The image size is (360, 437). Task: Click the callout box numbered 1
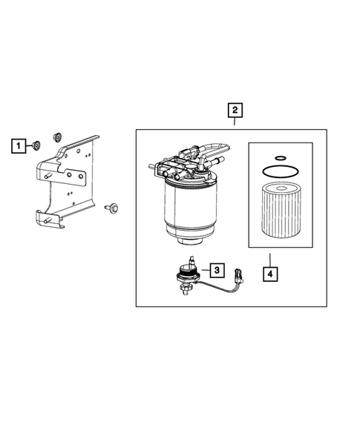pyautogui.click(x=19, y=145)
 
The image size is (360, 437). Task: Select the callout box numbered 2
pyautogui.click(x=235, y=110)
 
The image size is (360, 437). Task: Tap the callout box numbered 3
pyautogui.click(x=217, y=270)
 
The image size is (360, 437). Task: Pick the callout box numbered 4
pyautogui.click(x=270, y=274)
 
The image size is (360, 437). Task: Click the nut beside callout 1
pyautogui.click(x=36, y=145)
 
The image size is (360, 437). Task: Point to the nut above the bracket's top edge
pyautogui.click(x=57, y=137)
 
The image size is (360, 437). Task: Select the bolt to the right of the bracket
pyautogui.click(x=111, y=207)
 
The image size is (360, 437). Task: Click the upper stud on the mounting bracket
pyautogui.click(x=48, y=176)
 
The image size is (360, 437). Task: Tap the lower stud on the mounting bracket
pyautogui.click(x=48, y=220)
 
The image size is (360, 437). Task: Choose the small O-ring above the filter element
pyautogui.click(x=281, y=158)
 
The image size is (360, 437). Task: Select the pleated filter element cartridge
pyautogui.click(x=281, y=211)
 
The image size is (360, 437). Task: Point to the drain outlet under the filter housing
pyautogui.click(x=191, y=241)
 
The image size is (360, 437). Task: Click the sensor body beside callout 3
pyautogui.click(x=187, y=275)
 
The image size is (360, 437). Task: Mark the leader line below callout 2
pyautogui.click(x=235, y=122)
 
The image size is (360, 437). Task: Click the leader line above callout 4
pyautogui.click(x=270, y=260)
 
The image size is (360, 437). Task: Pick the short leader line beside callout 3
pyautogui.click(x=206, y=270)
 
